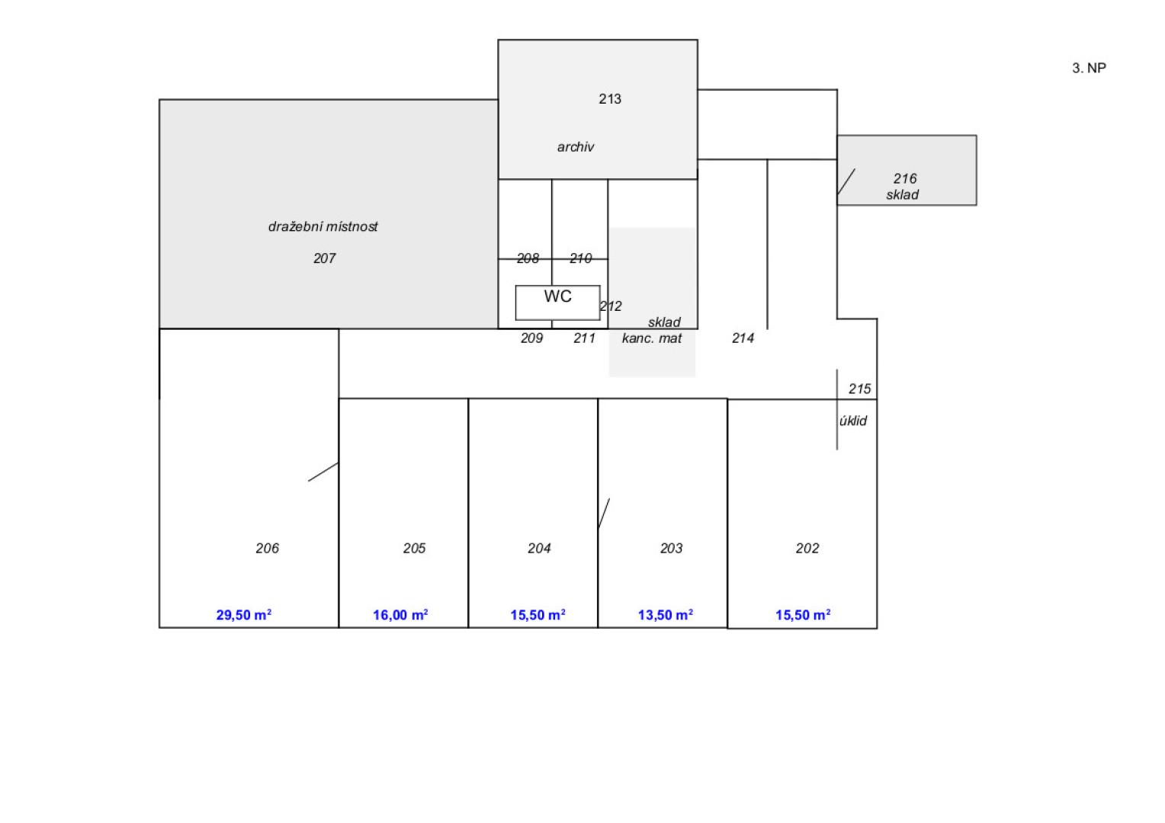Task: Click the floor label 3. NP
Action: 1089,68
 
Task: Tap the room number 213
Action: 609,99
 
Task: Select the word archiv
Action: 575,147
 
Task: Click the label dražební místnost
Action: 323,226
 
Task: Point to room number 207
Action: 324,258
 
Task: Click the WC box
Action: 557,303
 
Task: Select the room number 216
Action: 904,179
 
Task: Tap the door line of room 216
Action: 846,181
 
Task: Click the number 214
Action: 743,338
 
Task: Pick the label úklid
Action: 853,421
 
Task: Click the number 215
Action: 859,389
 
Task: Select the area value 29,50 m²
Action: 243,615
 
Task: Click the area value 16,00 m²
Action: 400,615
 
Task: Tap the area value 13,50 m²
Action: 665,615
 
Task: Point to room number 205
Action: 414,548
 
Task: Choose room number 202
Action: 807,548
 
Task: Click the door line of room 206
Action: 323,472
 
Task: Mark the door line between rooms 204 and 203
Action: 604,514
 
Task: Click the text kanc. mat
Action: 652,338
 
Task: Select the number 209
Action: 531,338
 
